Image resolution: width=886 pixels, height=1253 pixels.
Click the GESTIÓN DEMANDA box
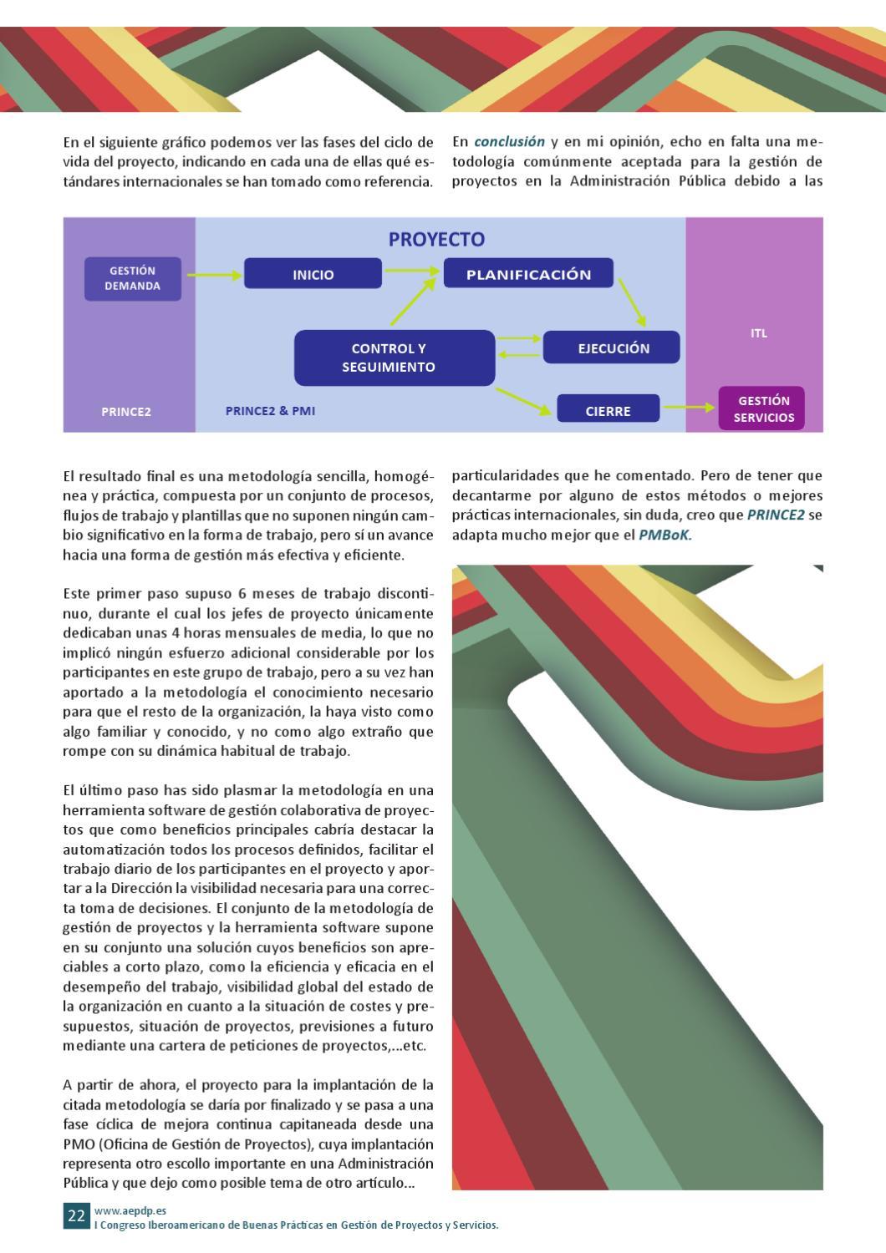click(x=133, y=278)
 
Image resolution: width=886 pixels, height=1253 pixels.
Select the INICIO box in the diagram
click(x=313, y=274)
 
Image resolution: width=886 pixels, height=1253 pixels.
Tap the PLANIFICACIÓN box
click(x=528, y=274)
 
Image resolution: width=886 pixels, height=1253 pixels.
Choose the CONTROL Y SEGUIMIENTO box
click(x=395, y=358)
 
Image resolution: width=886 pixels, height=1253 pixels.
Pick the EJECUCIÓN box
click(x=612, y=347)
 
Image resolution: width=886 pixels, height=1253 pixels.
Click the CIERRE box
click(x=608, y=410)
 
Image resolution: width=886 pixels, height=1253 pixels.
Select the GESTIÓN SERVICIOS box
click(x=761, y=408)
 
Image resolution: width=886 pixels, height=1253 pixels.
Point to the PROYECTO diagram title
click(x=436, y=239)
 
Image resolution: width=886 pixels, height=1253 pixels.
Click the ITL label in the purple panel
click(x=758, y=333)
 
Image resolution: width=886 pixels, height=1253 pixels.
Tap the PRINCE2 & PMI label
click(x=270, y=411)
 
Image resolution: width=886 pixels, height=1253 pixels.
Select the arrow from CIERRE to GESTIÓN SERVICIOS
click(x=689, y=408)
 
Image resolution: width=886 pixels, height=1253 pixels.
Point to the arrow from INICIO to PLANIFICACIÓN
click(x=412, y=270)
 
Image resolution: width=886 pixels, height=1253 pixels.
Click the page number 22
click(x=76, y=1215)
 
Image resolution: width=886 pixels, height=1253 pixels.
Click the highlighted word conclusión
click(x=509, y=142)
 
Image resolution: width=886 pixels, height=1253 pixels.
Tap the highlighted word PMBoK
click(x=665, y=535)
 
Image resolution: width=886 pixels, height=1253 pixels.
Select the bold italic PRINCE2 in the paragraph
click(x=775, y=515)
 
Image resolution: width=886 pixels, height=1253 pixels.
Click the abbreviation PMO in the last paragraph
click(x=79, y=1144)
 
